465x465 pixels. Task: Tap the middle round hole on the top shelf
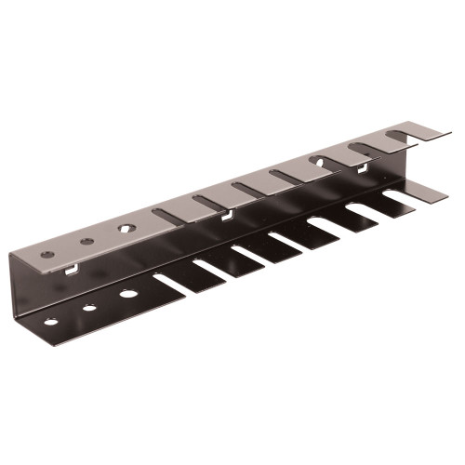[86, 241]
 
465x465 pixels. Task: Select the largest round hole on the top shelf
[125, 226]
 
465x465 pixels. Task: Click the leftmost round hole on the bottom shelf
[50, 322]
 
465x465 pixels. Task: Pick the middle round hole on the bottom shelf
[89, 308]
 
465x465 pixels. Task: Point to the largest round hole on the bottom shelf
[128, 294]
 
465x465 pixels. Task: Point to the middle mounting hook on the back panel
[226, 218]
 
